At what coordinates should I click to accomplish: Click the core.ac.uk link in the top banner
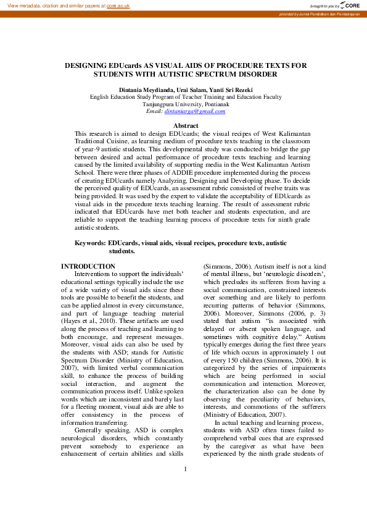[118, 5]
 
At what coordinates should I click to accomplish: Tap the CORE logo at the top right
[350, 5]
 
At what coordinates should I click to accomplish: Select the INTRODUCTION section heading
[88, 266]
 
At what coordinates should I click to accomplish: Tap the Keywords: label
[90, 243]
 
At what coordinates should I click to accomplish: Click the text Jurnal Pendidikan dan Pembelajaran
[331, 14]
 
